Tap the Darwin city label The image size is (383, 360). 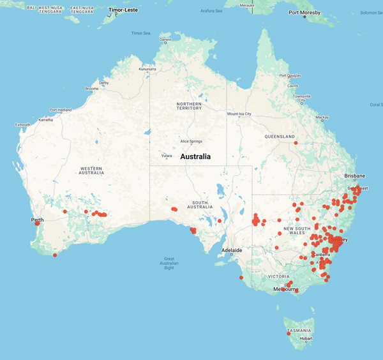click(x=166, y=40)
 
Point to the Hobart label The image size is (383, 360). click(x=306, y=338)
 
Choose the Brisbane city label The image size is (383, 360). click(x=354, y=176)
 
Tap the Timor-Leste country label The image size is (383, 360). click(x=123, y=10)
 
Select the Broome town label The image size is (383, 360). click(x=91, y=89)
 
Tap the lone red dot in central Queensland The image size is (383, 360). click(x=296, y=143)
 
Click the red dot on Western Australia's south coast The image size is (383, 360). click(x=55, y=255)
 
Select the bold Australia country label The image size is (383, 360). click(x=195, y=156)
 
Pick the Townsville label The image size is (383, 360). click(x=302, y=96)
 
